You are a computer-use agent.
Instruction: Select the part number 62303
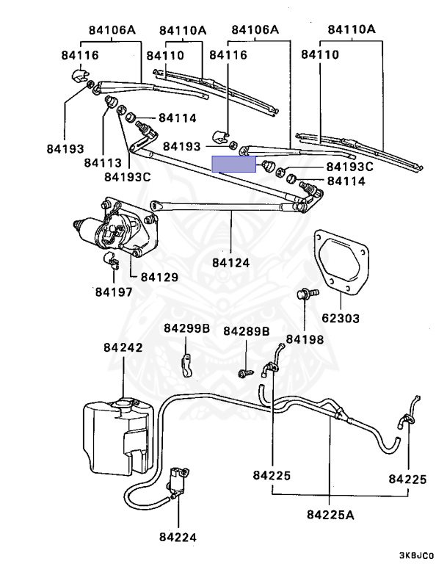click(x=340, y=319)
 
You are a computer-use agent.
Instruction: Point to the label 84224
click(x=177, y=537)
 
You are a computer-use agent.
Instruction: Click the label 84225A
click(x=330, y=513)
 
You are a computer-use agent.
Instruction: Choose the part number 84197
click(x=113, y=292)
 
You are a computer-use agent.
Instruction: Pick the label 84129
click(x=159, y=277)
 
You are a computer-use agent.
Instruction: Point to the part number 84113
click(x=102, y=162)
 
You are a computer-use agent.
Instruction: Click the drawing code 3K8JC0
click(x=416, y=556)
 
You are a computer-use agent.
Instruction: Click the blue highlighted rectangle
click(x=233, y=164)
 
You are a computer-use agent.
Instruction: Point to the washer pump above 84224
click(x=178, y=482)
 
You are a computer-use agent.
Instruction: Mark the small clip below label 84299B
click(x=186, y=364)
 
